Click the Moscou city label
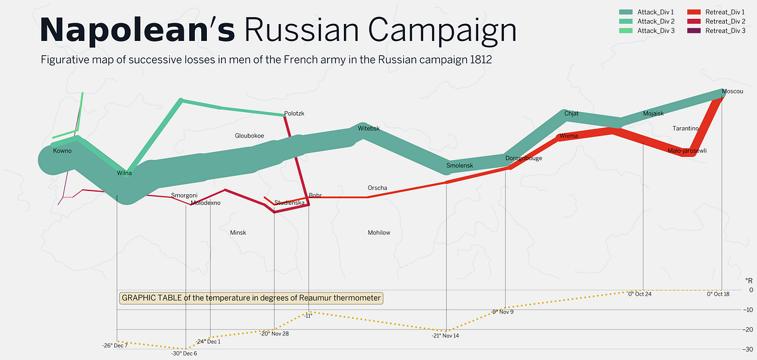732,91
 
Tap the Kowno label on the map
62,151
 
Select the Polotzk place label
294,113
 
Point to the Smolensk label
460,165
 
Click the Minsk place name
238,233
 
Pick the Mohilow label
379,233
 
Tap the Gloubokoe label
249,136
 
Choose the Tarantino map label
685,129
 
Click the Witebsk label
368,129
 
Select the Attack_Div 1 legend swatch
626,12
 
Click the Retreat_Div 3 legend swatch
694,31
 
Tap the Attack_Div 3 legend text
656,31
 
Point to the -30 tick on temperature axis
747,349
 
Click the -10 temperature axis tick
747,310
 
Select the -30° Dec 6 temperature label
184,354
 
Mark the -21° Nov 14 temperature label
445,335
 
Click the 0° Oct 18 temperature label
718,294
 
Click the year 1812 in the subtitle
481,60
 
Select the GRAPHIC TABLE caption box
251,298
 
